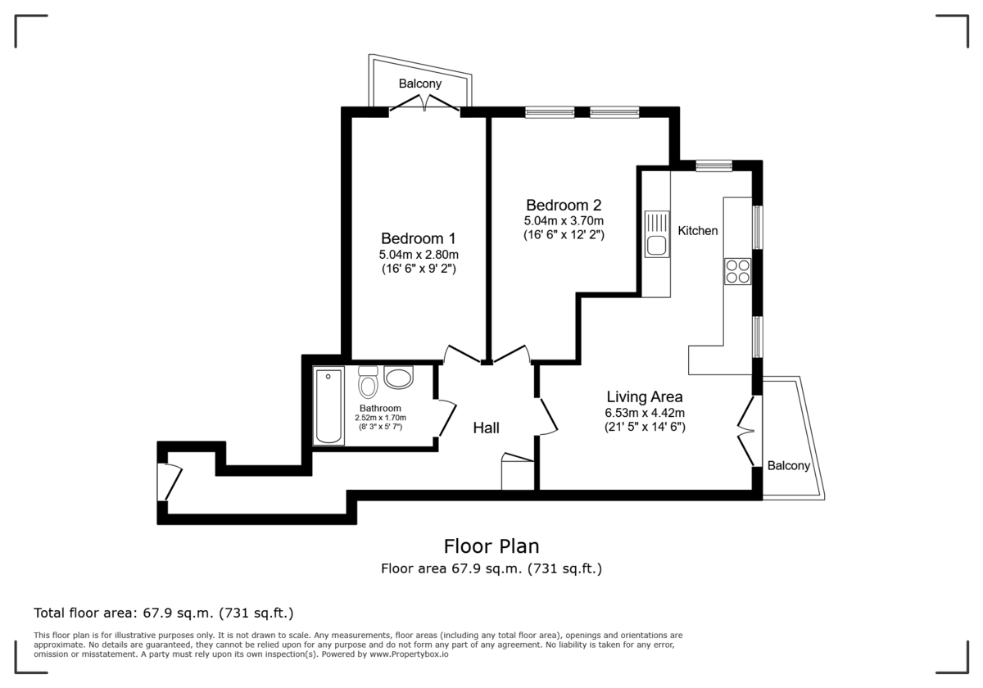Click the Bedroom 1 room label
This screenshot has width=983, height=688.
click(418, 238)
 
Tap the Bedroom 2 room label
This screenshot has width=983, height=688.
click(564, 205)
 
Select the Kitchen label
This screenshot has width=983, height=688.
click(697, 231)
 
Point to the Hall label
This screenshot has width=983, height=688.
click(486, 428)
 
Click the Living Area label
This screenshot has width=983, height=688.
click(644, 397)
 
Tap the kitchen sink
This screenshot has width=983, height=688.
click(656, 235)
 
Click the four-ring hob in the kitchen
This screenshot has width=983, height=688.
click(737, 271)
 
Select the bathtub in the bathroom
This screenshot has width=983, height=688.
click(328, 406)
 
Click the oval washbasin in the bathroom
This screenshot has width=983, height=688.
click(399, 378)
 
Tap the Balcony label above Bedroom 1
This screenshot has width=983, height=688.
click(420, 84)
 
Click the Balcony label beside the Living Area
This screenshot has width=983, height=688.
click(788, 466)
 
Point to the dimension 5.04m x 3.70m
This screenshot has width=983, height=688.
click(564, 221)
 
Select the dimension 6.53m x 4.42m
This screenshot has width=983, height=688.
click(644, 413)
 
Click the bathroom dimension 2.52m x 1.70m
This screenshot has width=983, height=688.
click(380, 418)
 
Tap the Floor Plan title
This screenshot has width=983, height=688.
click(491, 545)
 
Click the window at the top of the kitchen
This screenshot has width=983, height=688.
click(713, 166)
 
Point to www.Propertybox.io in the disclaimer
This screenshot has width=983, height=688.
click(408, 654)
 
